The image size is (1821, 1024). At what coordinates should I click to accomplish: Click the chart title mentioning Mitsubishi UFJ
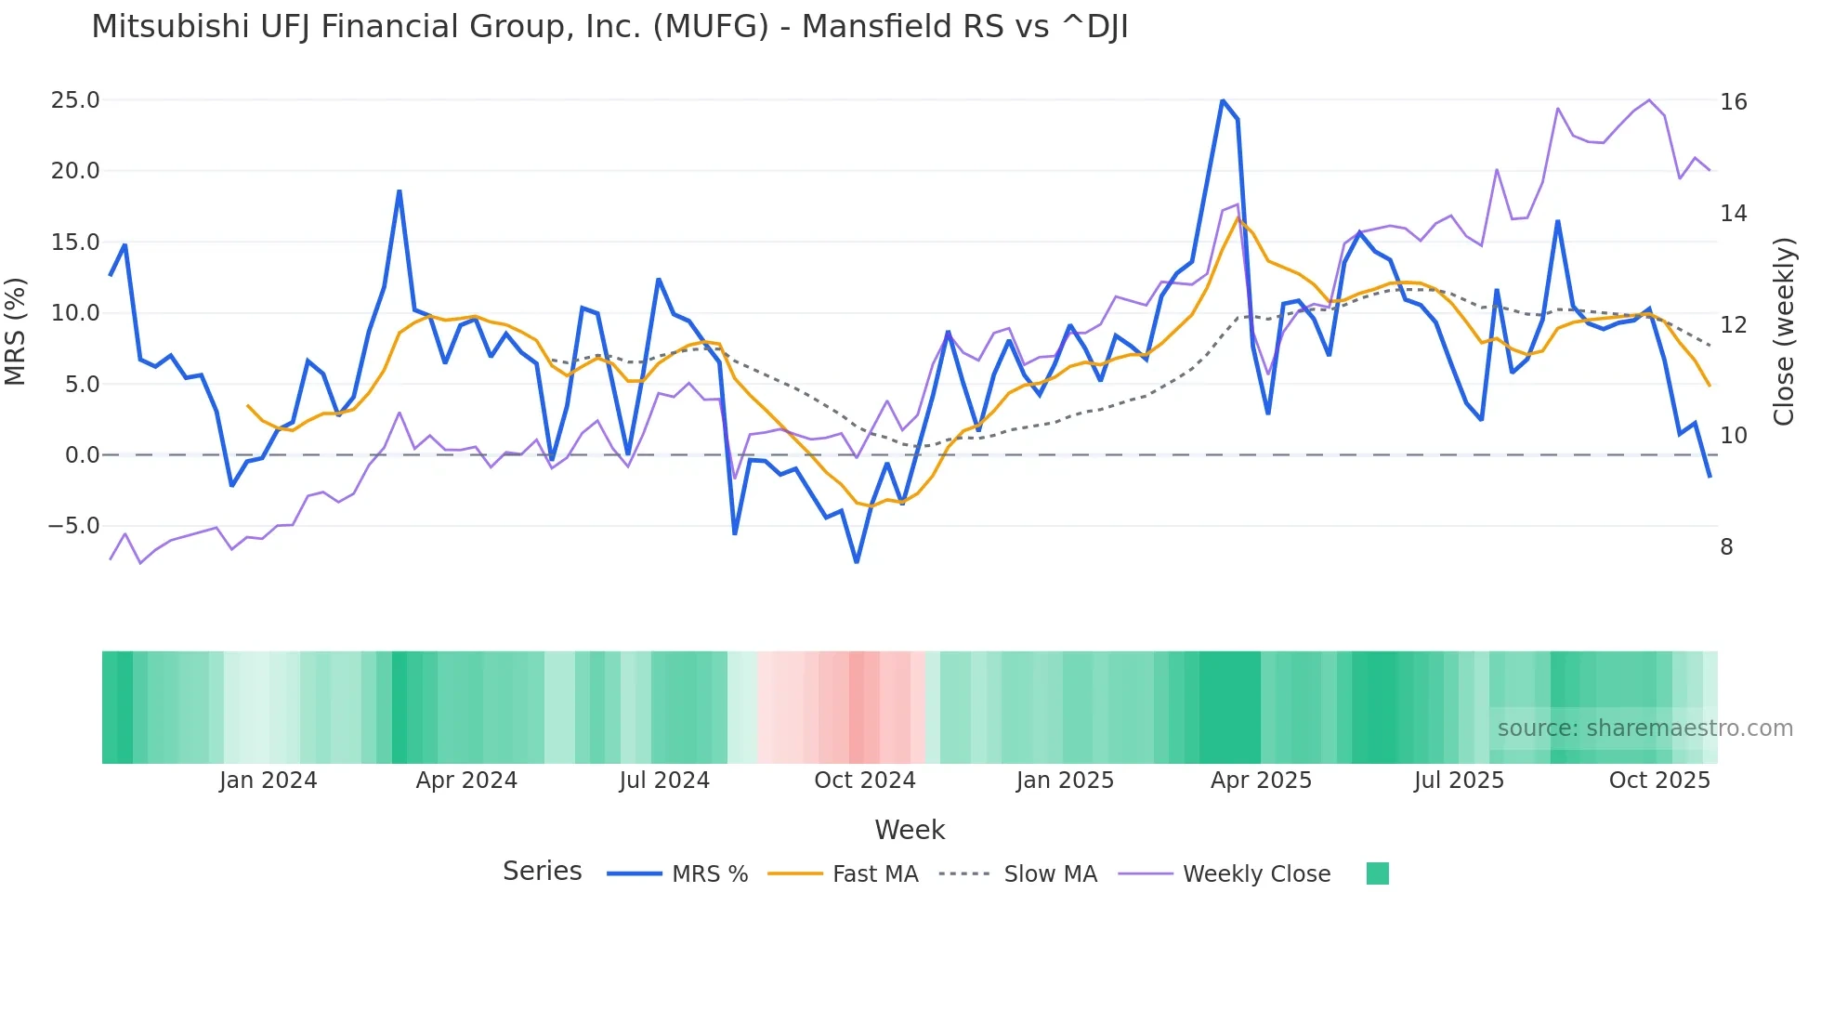point(609,27)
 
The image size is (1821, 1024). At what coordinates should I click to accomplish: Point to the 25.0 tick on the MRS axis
point(75,100)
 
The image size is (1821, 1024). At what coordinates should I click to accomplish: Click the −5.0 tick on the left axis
point(73,526)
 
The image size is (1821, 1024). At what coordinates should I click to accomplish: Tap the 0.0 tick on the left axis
point(82,455)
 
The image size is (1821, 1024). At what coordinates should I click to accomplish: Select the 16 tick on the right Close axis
point(1733,102)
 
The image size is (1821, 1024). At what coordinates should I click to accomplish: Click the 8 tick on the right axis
point(1726,547)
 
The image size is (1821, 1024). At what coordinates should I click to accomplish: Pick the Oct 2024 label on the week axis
point(864,781)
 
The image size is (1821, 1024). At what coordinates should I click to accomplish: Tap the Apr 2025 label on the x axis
point(1261,781)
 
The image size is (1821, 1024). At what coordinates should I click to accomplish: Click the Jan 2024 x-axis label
point(268,781)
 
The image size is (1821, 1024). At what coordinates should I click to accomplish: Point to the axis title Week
point(910,830)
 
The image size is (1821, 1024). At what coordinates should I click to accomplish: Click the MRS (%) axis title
point(16,332)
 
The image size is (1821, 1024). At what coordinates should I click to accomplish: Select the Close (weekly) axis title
point(1783,332)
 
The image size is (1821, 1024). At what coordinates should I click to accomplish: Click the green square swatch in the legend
point(1377,873)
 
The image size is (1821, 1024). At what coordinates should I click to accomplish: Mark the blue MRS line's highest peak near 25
point(1223,100)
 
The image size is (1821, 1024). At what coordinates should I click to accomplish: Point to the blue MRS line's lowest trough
point(857,561)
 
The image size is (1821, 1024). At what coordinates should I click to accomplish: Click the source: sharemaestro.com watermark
point(1644,729)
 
